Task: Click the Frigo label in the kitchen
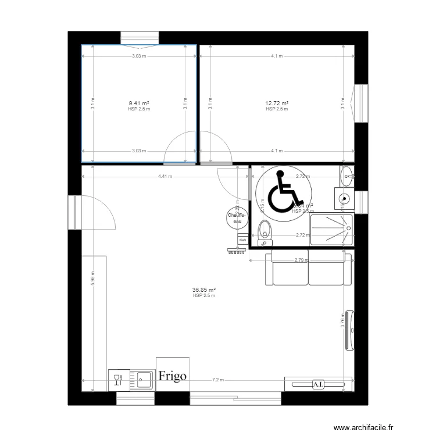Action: click(x=171, y=376)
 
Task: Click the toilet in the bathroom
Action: click(x=266, y=230)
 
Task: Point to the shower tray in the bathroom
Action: click(x=332, y=229)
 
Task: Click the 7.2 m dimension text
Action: click(x=218, y=380)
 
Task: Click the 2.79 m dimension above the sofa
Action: click(x=300, y=260)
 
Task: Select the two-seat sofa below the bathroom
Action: click(x=308, y=269)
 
